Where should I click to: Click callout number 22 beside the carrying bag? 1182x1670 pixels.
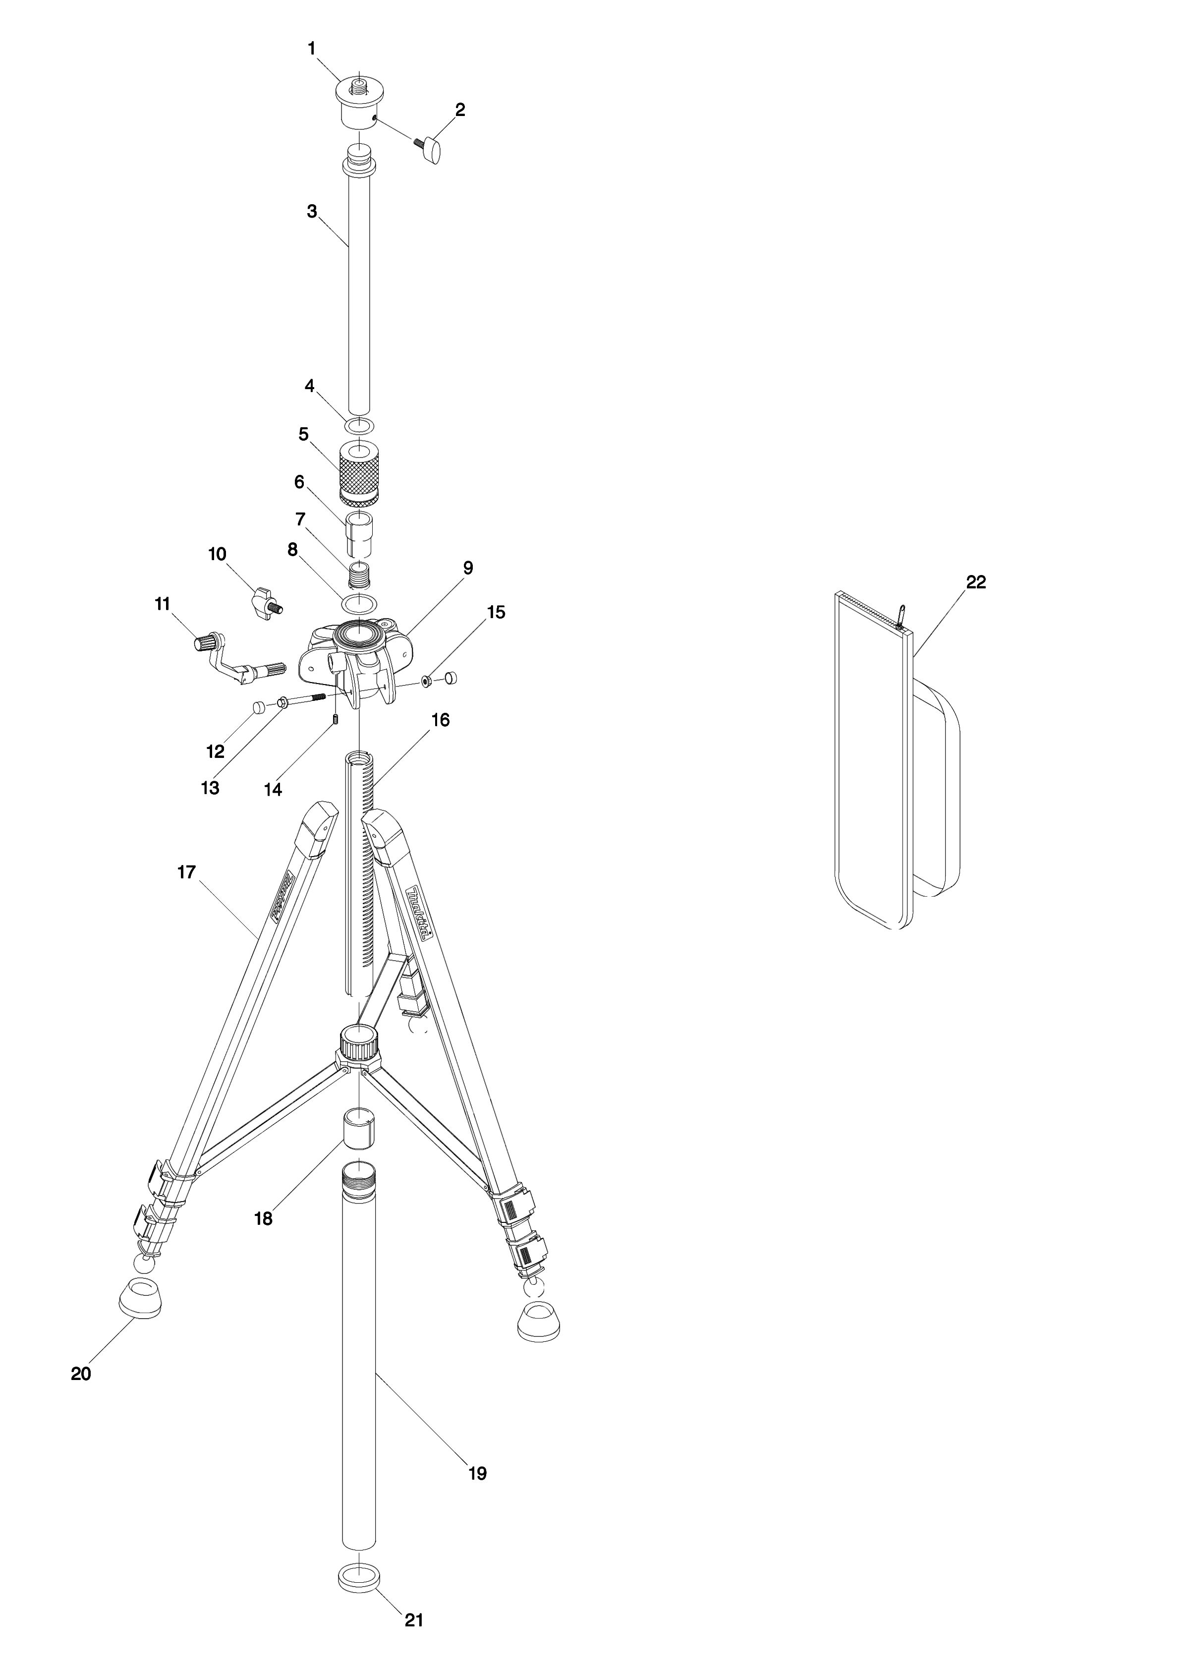pos(975,582)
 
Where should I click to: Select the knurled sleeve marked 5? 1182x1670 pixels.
pos(359,475)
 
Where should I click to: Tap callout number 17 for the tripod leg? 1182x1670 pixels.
pos(187,871)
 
